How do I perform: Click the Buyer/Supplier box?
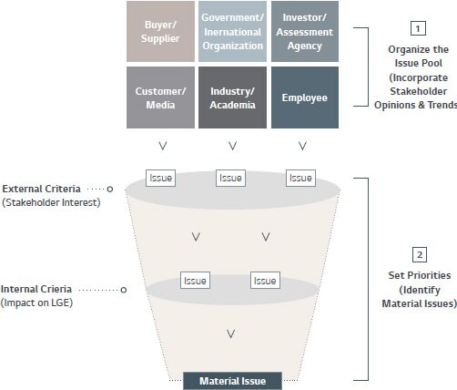[160, 31]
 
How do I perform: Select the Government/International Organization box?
[232, 31]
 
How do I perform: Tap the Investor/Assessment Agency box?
[305, 31]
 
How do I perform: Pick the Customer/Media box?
[160, 97]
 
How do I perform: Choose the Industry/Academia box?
[232, 97]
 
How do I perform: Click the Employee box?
[305, 97]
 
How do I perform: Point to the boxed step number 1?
[418, 28]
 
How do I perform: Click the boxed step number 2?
[420, 254]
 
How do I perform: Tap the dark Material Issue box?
[232, 381]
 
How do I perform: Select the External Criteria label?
[41, 189]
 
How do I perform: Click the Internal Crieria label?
[36, 289]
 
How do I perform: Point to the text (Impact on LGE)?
[36, 303]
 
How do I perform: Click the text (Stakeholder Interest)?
[51, 202]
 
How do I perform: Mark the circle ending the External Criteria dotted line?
[110, 189]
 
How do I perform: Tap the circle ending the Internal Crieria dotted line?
[123, 290]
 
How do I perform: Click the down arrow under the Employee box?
[302, 146]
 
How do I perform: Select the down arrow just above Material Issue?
[231, 334]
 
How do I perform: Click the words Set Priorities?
[420, 275]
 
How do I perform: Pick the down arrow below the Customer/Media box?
[163, 146]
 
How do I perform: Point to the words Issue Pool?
[418, 63]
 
